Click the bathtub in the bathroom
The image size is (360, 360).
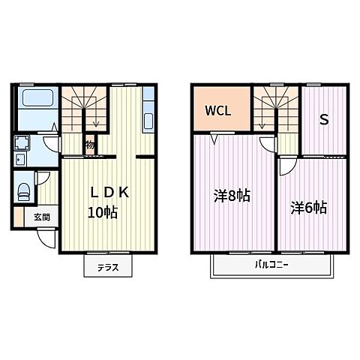click(x=37, y=97)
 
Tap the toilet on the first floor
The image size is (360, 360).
click(x=24, y=192)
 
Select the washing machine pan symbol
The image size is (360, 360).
click(x=22, y=142)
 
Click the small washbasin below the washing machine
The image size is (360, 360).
click(x=20, y=159)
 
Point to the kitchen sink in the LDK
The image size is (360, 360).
click(x=148, y=121)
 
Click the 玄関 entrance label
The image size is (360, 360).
click(x=42, y=217)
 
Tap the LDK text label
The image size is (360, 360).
click(x=109, y=193)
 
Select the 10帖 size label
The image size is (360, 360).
click(x=103, y=213)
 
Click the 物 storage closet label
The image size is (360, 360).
click(x=90, y=145)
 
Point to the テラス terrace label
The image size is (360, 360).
click(x=108, y=268)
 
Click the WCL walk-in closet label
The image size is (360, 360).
click(x=218, y=111)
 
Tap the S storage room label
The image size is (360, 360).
click(x=324, y=119)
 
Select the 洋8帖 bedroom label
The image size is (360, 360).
click(x=232, y=196)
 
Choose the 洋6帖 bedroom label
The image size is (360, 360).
click(x=308, y=208)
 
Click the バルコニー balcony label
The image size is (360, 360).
click(x=271, y=265)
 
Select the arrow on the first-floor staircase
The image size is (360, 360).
click(x=97, y=118)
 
